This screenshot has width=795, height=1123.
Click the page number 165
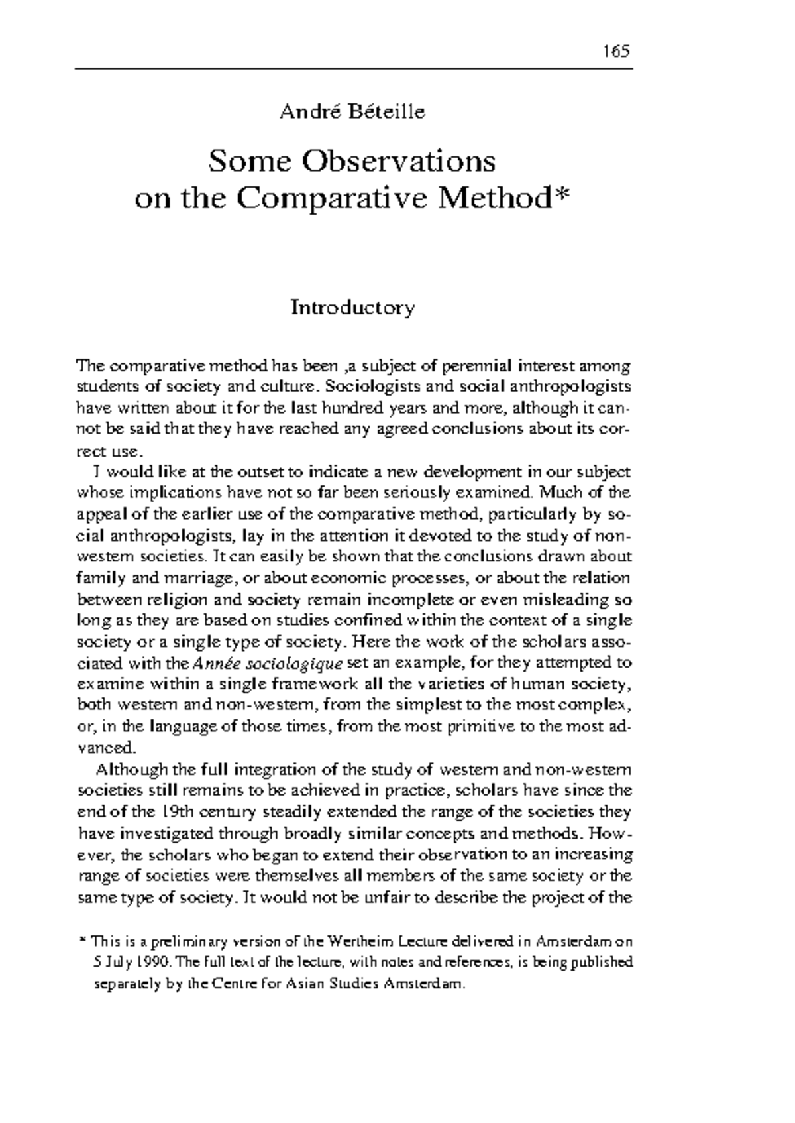(x=615, y=52)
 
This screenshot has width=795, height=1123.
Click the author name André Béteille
(x=352, y=111)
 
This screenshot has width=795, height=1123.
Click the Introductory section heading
(x=352, y=308)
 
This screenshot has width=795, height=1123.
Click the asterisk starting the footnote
(x=82, y=940)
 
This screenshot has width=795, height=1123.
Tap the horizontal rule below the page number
(x=354, y=68)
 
